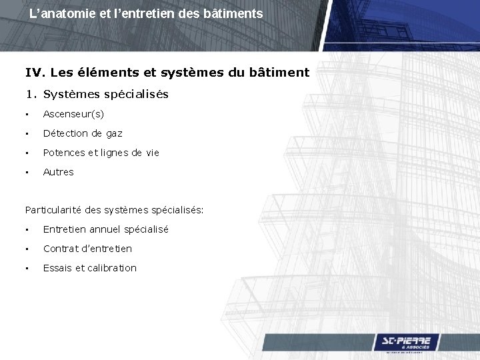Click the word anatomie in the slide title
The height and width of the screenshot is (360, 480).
tap(65, 13)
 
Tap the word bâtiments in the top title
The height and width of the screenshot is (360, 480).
tap(236, 13)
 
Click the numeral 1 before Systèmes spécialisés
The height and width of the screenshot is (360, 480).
tap(29, 95)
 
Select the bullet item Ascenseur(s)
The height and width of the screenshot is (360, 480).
tap(73, 115)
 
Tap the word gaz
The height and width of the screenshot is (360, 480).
tap(114, 134)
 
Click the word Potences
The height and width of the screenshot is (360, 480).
tap(64, 153)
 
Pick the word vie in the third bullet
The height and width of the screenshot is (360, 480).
tap(152, 153)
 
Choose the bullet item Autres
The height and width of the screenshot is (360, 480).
tap(59, 172)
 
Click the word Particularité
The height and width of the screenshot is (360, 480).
tap(54, 211)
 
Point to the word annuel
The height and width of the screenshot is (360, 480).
tap(106, 229)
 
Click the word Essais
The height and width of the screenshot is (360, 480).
tap(57, 268)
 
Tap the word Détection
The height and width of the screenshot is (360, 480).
tap(65, 134)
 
